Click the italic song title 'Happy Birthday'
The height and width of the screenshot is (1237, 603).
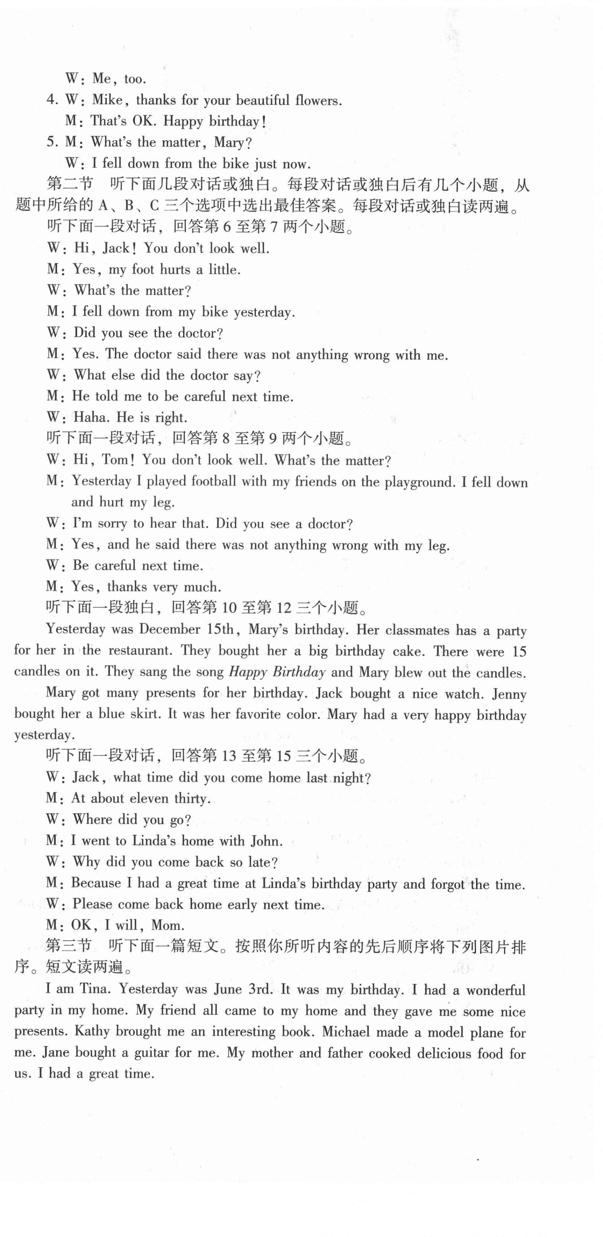pyautogui.click(x=277, y=672)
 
